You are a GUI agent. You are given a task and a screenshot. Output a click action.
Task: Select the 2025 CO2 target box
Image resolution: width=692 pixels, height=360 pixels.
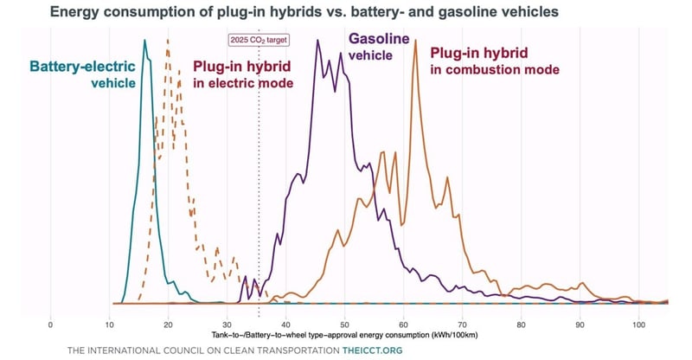259,40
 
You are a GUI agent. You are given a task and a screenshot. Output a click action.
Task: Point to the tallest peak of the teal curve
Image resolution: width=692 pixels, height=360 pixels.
144,41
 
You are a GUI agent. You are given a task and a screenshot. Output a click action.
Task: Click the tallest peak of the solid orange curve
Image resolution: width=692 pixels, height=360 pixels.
415,41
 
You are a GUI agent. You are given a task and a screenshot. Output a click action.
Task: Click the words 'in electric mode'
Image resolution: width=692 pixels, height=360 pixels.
243,83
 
